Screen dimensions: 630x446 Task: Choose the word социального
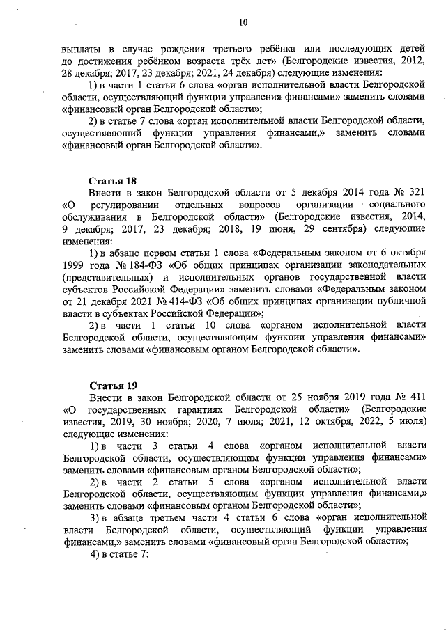click(x=399, y=205)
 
